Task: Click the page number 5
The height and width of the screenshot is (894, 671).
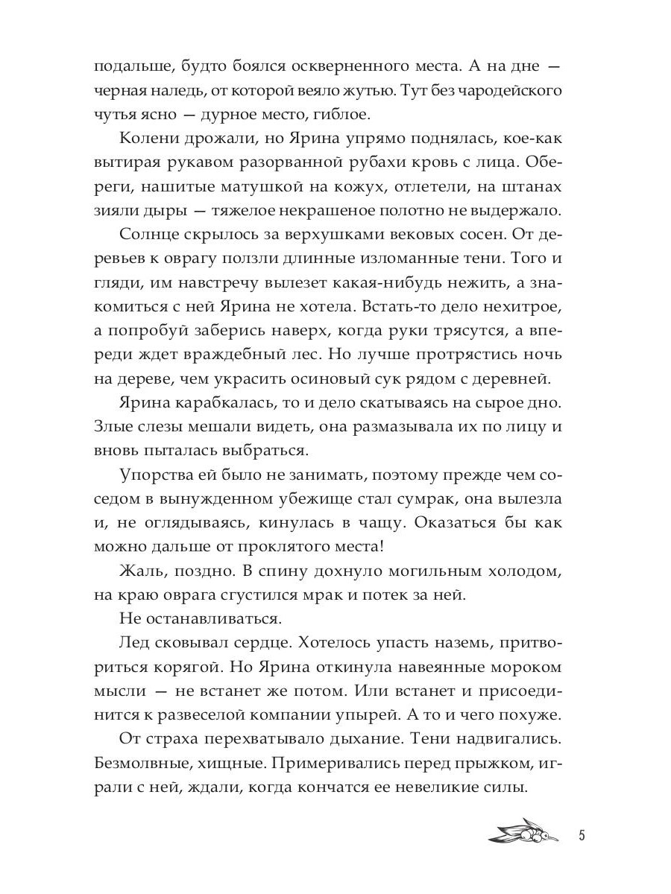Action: pyautogui.click(x=582, y=834)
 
